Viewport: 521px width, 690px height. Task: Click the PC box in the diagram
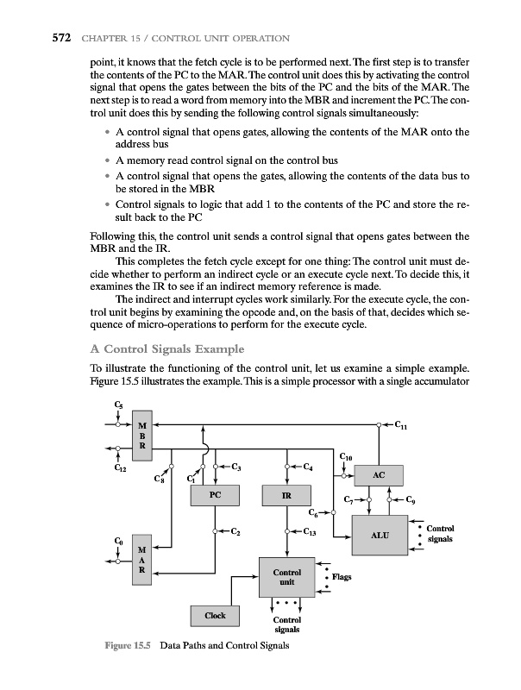click(x=215, y=497)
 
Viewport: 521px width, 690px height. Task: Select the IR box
click(x=286, y=497)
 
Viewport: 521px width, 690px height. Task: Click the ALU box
click(x=380, y=536)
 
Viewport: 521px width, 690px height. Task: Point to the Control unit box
click(x=286, y=577)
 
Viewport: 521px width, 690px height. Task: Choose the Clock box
click(x=215, y=615)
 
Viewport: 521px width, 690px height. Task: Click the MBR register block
click(x=141, y=437)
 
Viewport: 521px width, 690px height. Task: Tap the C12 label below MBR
click(x=120, y=469)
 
